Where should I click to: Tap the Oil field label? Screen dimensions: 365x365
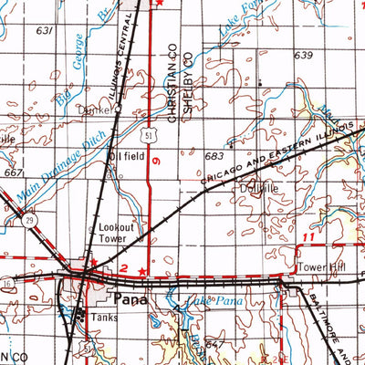coord(125,156)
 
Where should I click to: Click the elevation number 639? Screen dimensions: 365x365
coord(304,56)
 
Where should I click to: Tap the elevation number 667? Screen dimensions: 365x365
coord(14,172)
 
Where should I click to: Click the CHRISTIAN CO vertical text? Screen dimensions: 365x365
coord(171,83)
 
